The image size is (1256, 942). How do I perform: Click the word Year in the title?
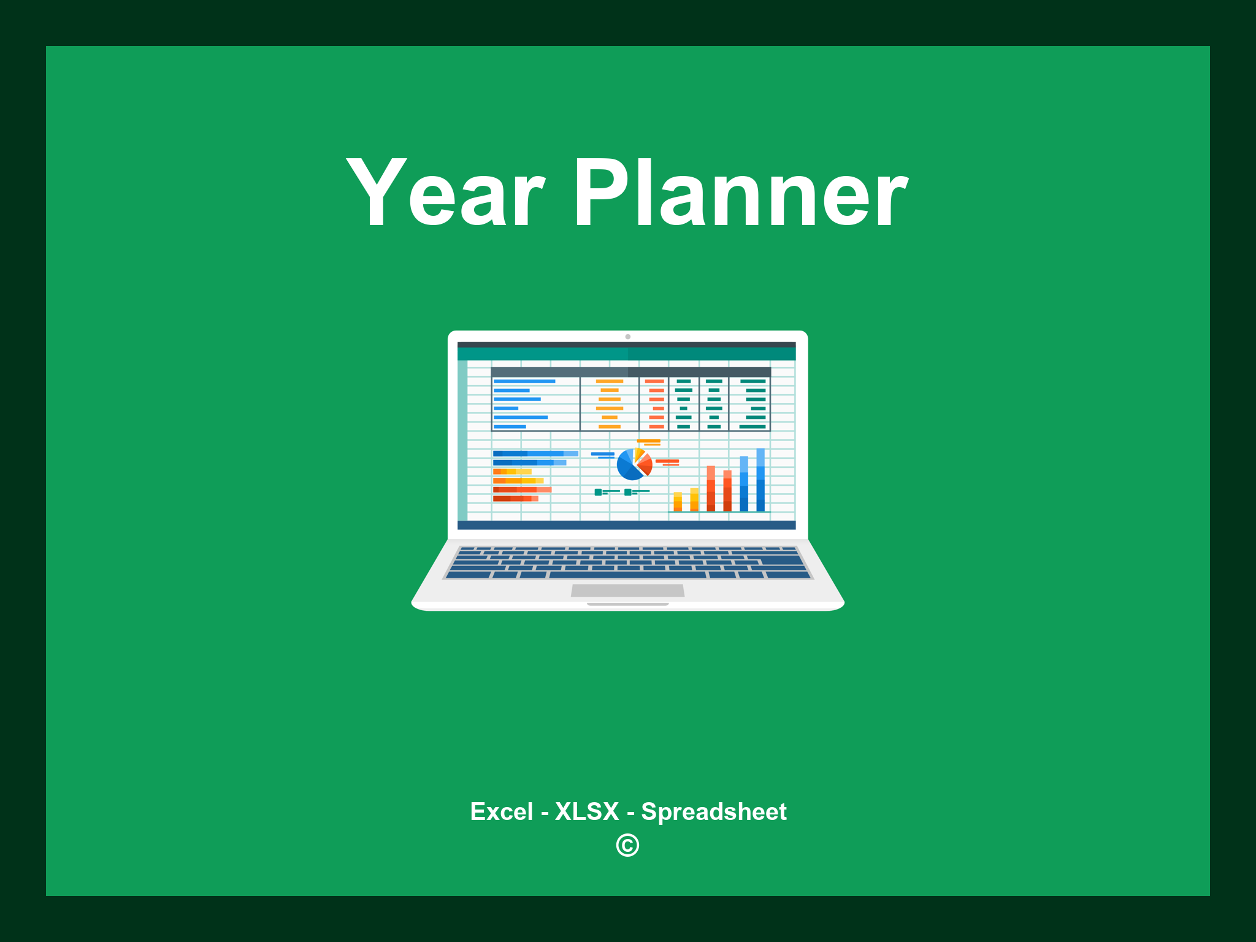pos(445,193)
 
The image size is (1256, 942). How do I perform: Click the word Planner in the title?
pos(740,193)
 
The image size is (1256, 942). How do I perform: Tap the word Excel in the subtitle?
pos(501,811)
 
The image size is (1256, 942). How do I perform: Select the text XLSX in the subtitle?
pos(587,811)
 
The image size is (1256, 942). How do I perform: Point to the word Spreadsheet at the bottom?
pos(713,811)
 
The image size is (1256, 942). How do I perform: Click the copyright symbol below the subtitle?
pos(627,846)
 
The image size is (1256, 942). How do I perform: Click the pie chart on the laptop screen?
pos(634,464)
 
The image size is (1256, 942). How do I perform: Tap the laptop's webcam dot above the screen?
pos(627,337)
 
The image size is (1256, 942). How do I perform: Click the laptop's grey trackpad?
pos(627,590)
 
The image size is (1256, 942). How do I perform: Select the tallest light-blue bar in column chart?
pos(760,480)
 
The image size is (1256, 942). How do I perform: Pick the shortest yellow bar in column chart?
pos(678,501)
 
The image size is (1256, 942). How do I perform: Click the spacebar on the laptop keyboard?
pos(627,575)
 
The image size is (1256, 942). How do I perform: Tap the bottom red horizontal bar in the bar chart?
pos(515,499)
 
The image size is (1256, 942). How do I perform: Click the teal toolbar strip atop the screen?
pos(626,354)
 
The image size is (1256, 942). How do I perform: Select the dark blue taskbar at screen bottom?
pos(626,525)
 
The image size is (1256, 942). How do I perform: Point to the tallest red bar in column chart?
pos(711,488)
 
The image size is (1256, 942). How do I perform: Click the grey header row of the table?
pos(630,372)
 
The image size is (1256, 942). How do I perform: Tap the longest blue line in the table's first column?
pos(524,381)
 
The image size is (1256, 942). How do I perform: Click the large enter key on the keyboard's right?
pos(782,560)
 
